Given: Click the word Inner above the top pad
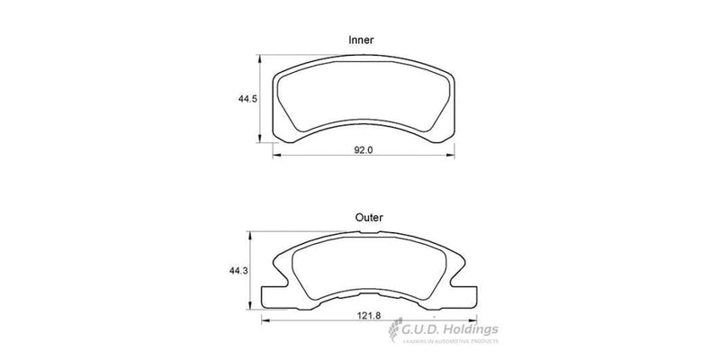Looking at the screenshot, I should (x=362, y=40).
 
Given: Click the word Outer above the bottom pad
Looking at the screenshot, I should (x=369, y=217).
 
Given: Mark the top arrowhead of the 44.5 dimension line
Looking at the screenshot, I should (x=260, y=58).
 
